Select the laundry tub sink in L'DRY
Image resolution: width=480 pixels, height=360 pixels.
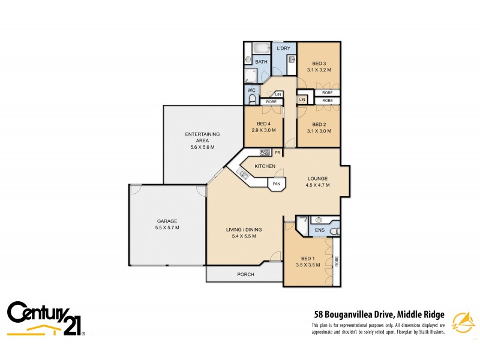[x=290, y=59]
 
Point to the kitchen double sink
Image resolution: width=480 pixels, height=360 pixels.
[x=244, y=175]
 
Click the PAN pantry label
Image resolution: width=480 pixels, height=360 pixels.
[x=276, y=184]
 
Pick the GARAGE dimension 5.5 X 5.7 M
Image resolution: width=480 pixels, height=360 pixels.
[x=167, y=228]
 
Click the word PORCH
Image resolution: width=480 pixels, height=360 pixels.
[x=245, y=274]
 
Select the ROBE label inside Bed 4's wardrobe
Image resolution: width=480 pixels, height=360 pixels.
[x=271, y=102]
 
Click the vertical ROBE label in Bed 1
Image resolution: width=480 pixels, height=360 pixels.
[x=337, y=261]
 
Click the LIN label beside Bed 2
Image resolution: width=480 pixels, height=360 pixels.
[x=302, y=99]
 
